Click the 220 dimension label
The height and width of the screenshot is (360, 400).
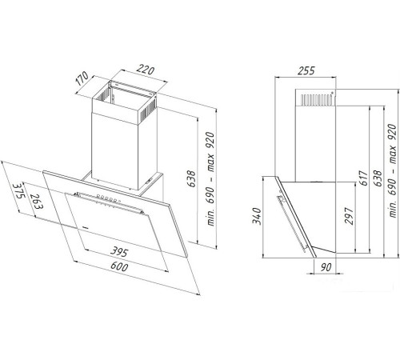(146, 70)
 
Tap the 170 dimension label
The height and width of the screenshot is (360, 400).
(82, 78)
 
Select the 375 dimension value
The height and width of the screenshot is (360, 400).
(18, 191)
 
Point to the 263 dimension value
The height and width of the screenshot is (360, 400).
(36, 202)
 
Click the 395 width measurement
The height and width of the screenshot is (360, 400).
(119, 251)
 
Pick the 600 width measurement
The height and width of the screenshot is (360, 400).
(119, 266)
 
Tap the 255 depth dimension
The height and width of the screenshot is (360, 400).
(306, 70)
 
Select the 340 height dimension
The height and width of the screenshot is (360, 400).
(257, 216)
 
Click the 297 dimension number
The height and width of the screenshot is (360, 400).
(349, 216)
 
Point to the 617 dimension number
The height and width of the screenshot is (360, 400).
(364, 178)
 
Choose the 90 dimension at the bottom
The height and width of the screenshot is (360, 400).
(326, 267)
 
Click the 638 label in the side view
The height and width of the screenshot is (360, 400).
(378, 178)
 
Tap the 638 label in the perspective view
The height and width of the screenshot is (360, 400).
(191, 178)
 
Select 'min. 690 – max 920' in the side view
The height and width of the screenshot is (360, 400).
(392, 170)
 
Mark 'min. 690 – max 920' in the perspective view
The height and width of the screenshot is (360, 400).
(210, 178)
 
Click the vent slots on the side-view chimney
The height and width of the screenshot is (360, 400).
(317, 99)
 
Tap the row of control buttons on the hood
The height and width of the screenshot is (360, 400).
(109, 198)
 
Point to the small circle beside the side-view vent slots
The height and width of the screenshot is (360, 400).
(332, 93)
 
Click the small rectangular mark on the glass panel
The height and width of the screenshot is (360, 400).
(86, 227)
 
